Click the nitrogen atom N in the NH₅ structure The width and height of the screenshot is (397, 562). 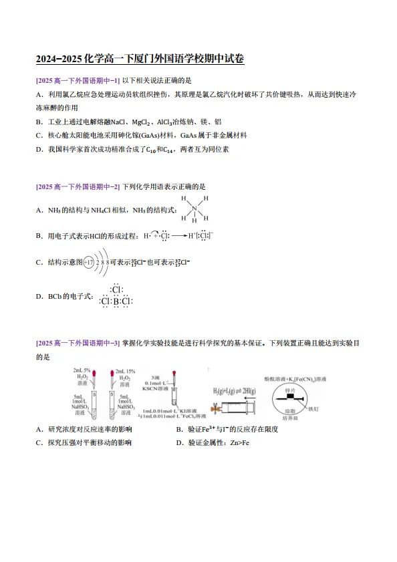pos(194,208)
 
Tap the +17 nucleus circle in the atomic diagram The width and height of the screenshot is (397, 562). pos(88,262)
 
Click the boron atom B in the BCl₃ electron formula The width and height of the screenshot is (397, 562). pos(116,301)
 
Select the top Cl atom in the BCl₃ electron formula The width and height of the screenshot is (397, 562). pos(116,289)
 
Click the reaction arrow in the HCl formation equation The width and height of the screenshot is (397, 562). pos(179,236)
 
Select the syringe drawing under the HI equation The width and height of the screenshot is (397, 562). pos(234,406)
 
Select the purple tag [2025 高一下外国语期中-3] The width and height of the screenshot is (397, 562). pos(78,343)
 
